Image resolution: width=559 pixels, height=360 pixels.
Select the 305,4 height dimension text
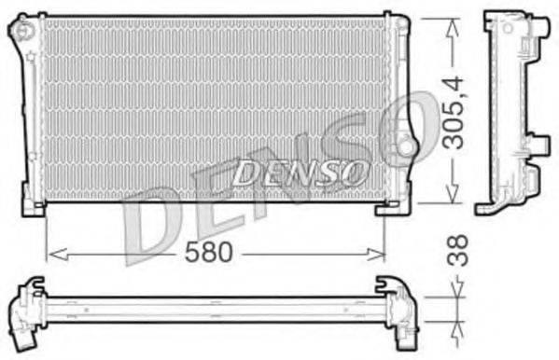tap(454, 113)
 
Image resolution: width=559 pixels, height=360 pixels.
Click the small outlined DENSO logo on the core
tap(295, 171)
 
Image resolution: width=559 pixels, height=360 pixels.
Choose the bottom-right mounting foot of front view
tap(386, 207)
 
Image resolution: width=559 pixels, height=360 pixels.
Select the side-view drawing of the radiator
tap(509, 112)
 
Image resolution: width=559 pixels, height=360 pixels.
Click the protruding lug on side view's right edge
tap(538, 145)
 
